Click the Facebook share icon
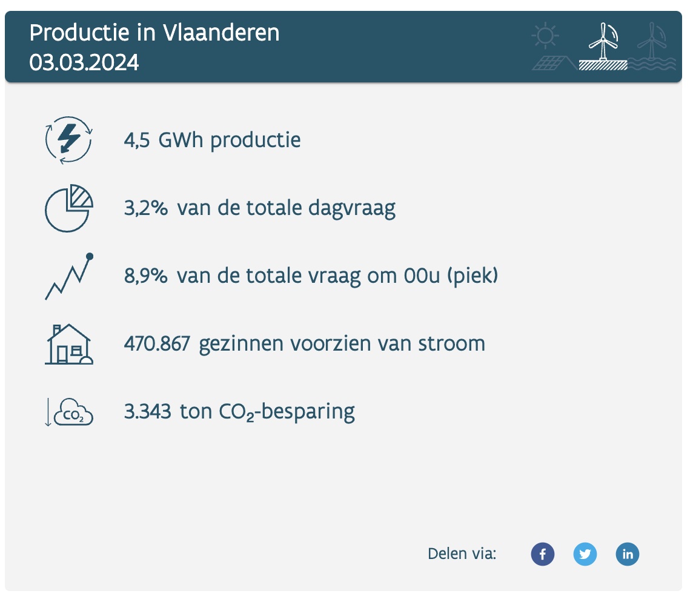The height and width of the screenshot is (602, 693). click(x=543, y=554)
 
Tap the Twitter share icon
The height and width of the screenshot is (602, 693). click(x=585, y=554)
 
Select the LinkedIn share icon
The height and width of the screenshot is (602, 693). click(x=628, y=554)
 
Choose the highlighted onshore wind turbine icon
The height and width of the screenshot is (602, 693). click(x=603, y=47)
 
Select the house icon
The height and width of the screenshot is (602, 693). click(x=69, y=344)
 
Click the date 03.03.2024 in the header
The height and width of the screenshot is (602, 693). click(x=84, y=62)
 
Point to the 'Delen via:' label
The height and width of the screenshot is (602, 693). click(x=462, y=554)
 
